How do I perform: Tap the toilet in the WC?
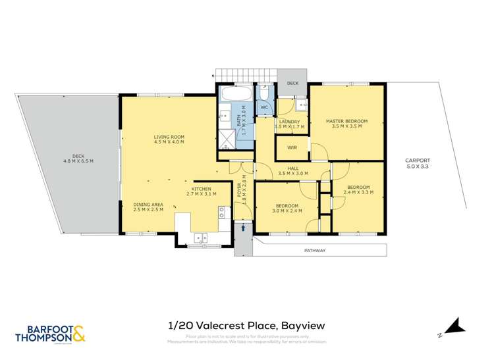[264, 92]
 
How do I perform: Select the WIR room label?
[292, 148]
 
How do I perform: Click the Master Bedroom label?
[346, 121]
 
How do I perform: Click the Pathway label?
[315, 251]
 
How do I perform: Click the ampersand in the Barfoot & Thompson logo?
[78, 334]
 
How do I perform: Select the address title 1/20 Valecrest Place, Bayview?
[247, 325]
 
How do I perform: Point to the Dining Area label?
[148, 205]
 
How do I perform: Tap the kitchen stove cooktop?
[221, 212]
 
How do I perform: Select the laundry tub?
[302, 105]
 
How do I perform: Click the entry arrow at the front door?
[244, 227]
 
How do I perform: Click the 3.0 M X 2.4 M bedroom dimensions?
[288, 211]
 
